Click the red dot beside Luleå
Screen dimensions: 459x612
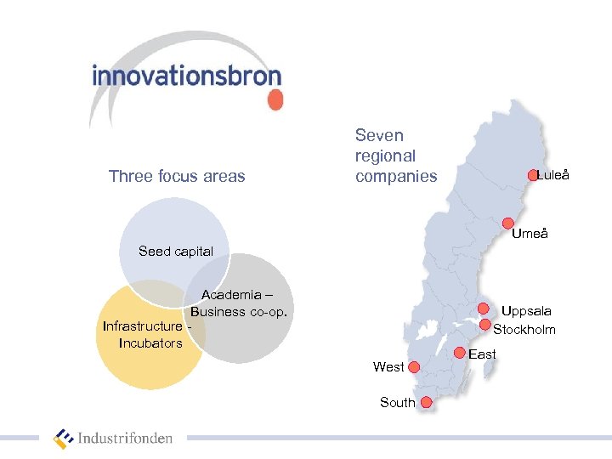coord(533,175)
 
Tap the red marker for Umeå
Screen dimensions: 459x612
coord(508,224)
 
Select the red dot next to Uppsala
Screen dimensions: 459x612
coord(483,309)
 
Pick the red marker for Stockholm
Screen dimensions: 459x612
coord(485,323)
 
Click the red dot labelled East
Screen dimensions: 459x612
coord(460,353)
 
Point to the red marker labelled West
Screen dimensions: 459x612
coord(414,367)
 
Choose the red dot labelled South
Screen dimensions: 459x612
coord(426,402)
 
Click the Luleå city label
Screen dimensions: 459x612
coord(553,175)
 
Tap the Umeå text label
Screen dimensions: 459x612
coord(530,234)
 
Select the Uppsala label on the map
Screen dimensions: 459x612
coord(525,312)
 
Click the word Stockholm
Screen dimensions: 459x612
coord(524,330)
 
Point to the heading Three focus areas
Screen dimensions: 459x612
coord(177,177)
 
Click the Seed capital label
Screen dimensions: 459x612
coord(176,251)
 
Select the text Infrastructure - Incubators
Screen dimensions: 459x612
coord(144,335)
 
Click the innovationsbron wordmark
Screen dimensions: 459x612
coord(186,76)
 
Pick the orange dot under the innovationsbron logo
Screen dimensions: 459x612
coord(275,100)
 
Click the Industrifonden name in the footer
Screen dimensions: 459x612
coord(125,439)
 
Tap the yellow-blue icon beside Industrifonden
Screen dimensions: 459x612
coord(64,439)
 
